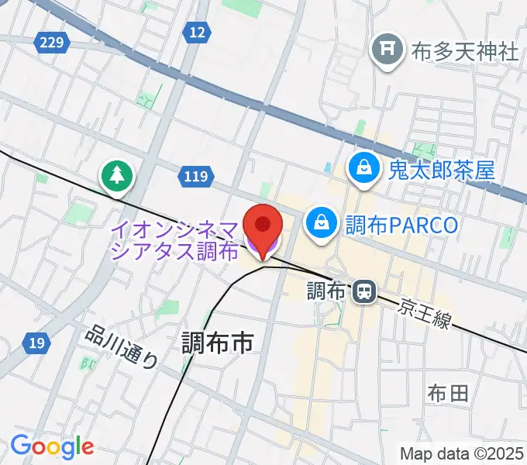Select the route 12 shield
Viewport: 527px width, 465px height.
[198, 32]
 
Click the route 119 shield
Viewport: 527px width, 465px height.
[196, 177]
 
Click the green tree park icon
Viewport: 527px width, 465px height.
[117, 176]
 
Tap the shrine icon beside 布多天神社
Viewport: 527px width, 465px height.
[386, 51]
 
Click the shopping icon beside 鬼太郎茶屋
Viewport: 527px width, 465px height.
[362, 168]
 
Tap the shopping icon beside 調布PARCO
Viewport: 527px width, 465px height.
[319, 225]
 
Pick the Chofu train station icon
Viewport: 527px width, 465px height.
[362, 291]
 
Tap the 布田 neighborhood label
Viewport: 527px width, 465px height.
[448, 393]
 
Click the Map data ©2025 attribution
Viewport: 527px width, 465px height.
[462, 453]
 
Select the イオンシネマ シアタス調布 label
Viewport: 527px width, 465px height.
[176, 240]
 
